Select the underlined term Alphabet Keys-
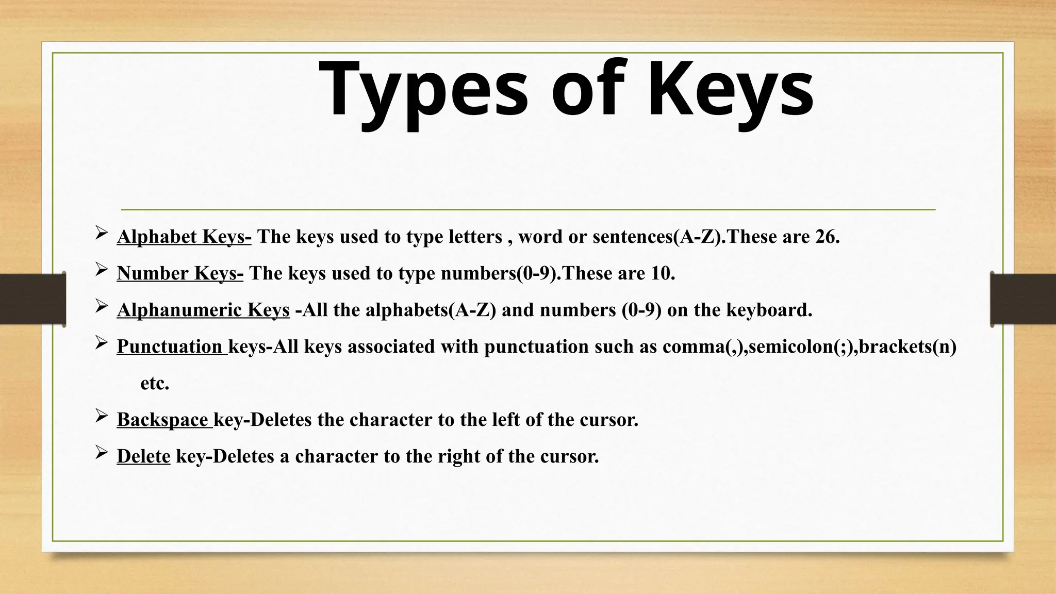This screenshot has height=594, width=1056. tap(184, 237)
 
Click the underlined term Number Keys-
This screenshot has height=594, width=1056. tap(180, 273)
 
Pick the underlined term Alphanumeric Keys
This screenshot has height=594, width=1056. tap(203, 310)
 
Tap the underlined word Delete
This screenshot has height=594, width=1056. tap(143, 456)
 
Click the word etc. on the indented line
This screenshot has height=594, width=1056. tap(155, 383)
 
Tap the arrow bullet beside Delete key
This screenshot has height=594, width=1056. tap(101, 453)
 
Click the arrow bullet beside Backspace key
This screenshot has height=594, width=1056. tap(101, 417)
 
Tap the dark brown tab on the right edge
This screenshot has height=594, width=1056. tap(1023, 299)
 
